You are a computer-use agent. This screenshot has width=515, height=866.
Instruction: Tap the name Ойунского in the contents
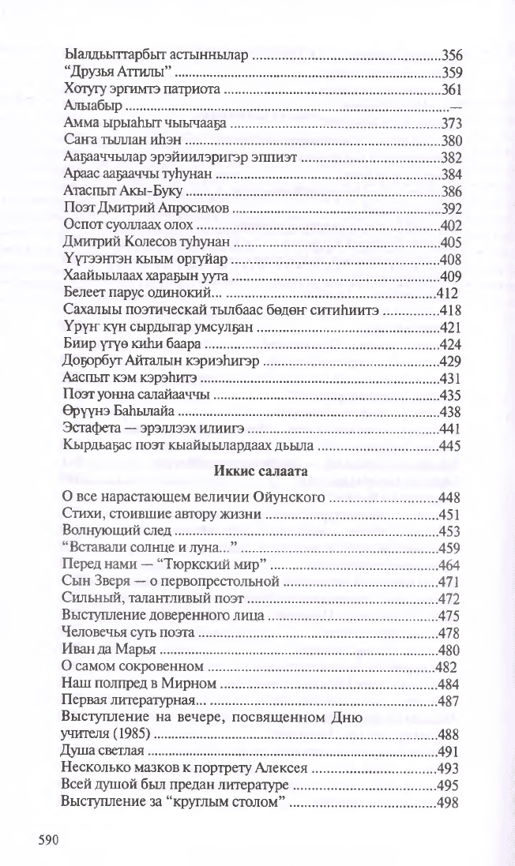point(287,497)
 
